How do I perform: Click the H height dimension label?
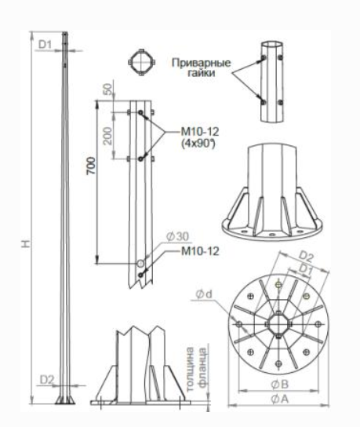point(27,243)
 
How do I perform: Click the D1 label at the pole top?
point(45,45)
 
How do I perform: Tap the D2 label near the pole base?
point(47,379)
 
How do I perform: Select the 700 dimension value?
point(91,166)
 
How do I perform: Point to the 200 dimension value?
point(108,136)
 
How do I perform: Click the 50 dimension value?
point(108,89)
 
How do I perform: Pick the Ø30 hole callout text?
point(177,236)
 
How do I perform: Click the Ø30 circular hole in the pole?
point(140,263)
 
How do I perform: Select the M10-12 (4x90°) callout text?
point(200,137)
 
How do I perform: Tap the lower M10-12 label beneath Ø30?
point(200,251)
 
